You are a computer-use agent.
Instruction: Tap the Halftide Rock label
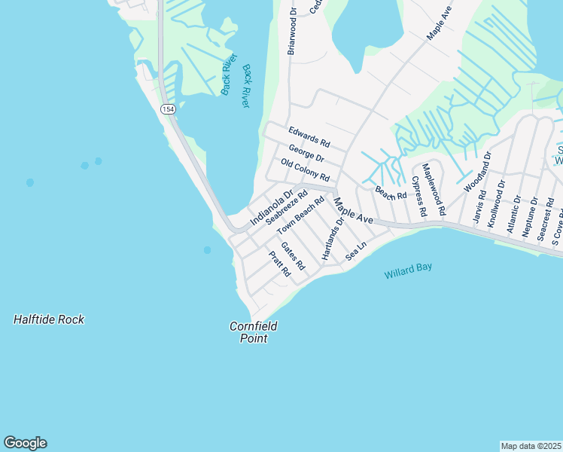(x=49, y=319)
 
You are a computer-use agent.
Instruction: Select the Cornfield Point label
(x=254, y=332)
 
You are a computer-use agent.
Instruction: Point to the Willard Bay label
(x=408, y=270)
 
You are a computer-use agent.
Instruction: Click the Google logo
(x=25, y=443)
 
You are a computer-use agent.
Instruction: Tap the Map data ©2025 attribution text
(x=531, y=446)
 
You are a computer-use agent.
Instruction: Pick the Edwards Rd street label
(x=309, y=136)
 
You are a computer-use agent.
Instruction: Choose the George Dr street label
(x=306, y=154)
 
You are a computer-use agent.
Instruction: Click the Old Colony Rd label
(x=305, y=171)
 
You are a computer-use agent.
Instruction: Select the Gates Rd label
(x=293, y=256)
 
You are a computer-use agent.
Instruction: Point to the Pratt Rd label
(x=279, y=264)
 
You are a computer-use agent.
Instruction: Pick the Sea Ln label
(x=355, y=252)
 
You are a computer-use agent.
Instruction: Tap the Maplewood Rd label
(x=434, y=189)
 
